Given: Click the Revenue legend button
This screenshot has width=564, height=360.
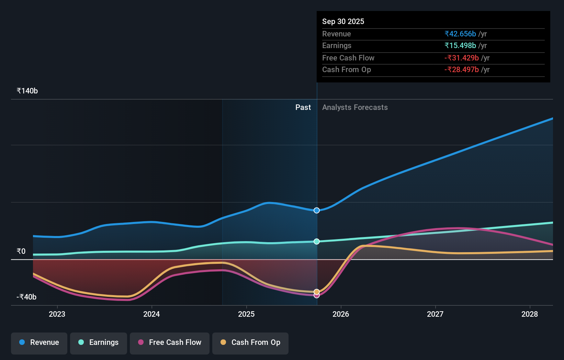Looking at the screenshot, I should click(x=39, y=342).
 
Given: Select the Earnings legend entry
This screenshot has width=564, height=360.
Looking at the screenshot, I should click(x=99, y=342).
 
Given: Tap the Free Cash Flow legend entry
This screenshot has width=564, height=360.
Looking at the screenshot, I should click(x=170, y=342).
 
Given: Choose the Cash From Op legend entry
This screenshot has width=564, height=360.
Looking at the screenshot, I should click(x=250, y=342).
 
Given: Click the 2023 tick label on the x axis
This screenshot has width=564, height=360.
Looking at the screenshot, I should click(x=57, y=314).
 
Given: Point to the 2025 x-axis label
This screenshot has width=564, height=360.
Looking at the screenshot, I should click(x=246, y=314).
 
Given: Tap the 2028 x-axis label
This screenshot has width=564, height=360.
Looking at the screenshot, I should click(x=530, y=314).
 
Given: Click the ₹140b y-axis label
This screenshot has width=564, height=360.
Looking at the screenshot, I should click(x=27, y=91).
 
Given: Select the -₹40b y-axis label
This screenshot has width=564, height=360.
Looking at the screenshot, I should click(x=26, y=297).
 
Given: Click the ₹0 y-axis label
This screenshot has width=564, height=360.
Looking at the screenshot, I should click(x=21, y=251).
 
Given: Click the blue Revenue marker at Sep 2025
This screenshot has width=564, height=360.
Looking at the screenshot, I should click(x=317, y=210).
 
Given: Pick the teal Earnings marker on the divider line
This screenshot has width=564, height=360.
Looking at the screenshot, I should click(x=317, y=241).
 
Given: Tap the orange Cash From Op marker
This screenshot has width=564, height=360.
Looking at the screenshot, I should click(x=317, y=292).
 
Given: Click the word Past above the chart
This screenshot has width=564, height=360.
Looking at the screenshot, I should click(x=303, y=108).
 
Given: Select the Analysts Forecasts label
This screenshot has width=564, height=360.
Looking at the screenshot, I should click(x=355, y=108).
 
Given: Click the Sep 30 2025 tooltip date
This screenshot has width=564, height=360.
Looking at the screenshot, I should click(x=343, y=21).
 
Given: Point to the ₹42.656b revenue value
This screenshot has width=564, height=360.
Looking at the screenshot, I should click(x=460, y=34).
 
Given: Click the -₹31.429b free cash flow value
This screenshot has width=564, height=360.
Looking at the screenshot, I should click(x=462, y=58).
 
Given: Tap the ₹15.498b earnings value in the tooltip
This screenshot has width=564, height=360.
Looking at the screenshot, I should click(x=460, y=46).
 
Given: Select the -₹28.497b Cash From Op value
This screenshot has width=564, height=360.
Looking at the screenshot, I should click(x=462, y=70).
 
